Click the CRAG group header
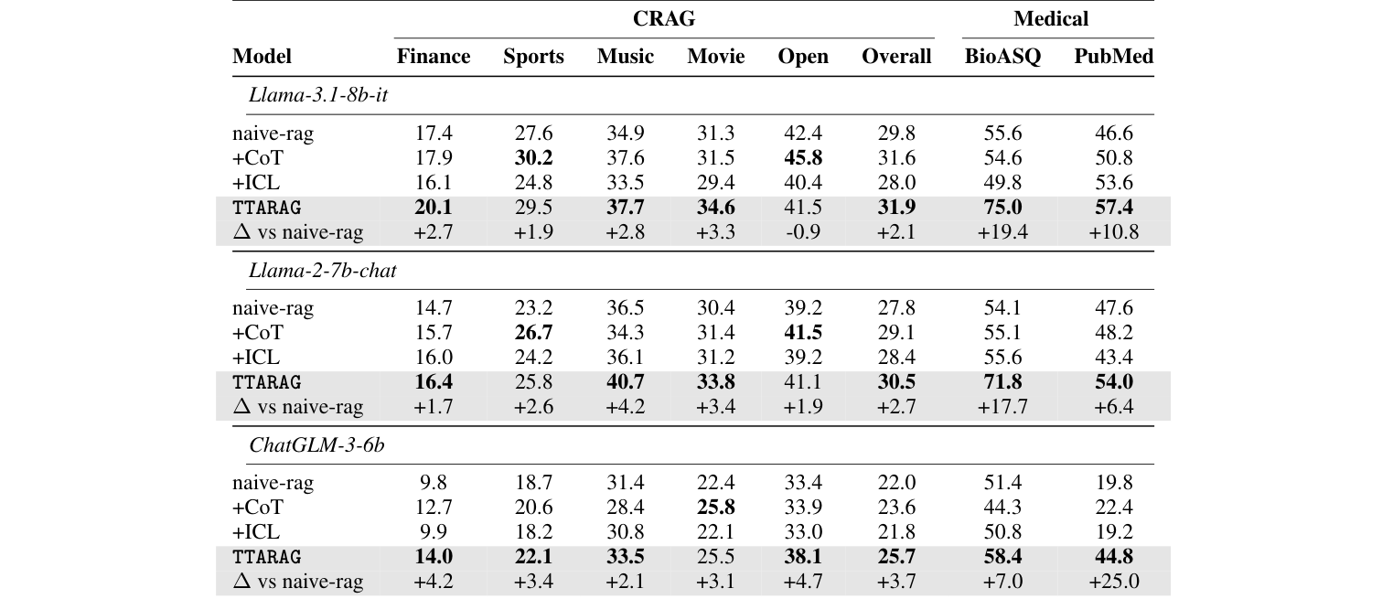[663, 18]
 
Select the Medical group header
[1051, 18]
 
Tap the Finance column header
[434, 57]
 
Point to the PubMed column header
[1113, 57]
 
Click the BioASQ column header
[1002, 57]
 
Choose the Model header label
[262, 57]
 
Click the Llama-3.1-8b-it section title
[318, 95]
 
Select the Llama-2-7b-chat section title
[323, 271]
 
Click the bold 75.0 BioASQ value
[1002, 208]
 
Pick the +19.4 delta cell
[1002, 232]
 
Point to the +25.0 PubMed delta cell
[1113, 582]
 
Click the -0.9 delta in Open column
[803, 232]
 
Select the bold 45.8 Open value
[803, 158]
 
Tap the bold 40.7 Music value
[626, 382]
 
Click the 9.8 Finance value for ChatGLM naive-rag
[434, 483]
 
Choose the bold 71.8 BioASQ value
[1002, 382]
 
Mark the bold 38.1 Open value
[803, 557]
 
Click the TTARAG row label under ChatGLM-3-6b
[267, 557]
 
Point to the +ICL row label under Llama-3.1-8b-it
[256, 183]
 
